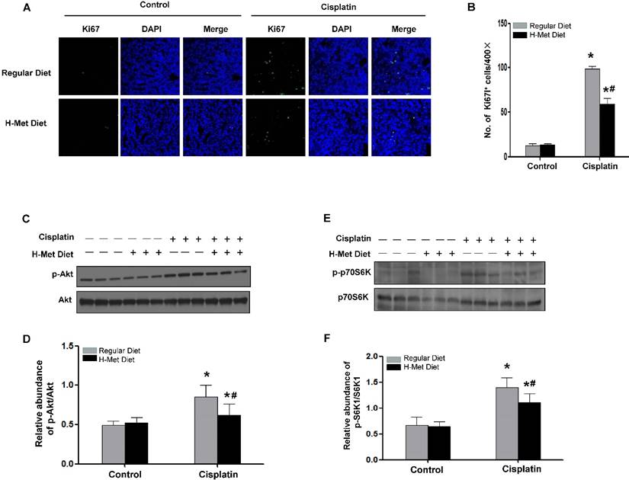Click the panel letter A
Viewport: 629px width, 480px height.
[x=8, y=9]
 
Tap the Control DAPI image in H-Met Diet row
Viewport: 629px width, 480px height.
[x=146, y=123]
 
